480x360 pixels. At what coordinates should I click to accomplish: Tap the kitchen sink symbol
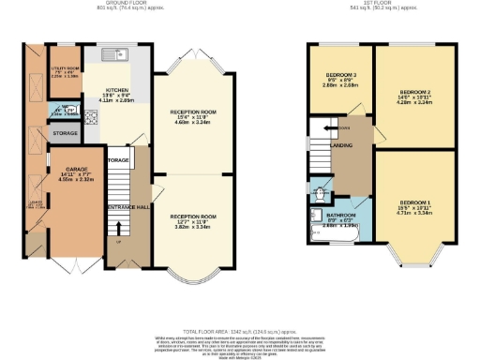110,53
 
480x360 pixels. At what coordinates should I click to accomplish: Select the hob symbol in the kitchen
94,118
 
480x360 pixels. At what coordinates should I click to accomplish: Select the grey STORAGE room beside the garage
66,133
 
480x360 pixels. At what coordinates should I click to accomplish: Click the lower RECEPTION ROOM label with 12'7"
193,216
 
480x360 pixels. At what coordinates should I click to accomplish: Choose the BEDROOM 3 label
340,75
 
